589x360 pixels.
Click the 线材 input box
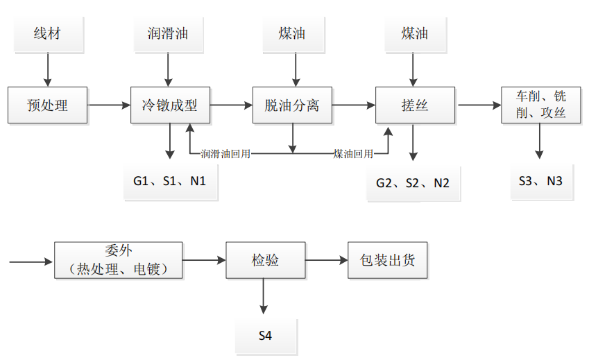(x=47, y=33)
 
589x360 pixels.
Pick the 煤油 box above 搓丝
(x=414, y=33)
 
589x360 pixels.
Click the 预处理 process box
(x=48, y=105)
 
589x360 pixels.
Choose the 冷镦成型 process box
(x=170, y=105)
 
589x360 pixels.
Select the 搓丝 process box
(x=415, y=105)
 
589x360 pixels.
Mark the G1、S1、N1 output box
(x=170, y=182)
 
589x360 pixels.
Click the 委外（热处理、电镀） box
(x=118, y=260)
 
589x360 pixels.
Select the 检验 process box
(x=265, y=260)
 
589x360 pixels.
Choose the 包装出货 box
(x=388, y=260)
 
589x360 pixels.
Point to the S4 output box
(x=265, y=336)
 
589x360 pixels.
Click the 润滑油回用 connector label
(x=225, y=153)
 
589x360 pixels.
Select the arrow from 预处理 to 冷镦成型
(x=110, y=105)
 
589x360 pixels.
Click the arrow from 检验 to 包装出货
(x=326, y=260)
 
